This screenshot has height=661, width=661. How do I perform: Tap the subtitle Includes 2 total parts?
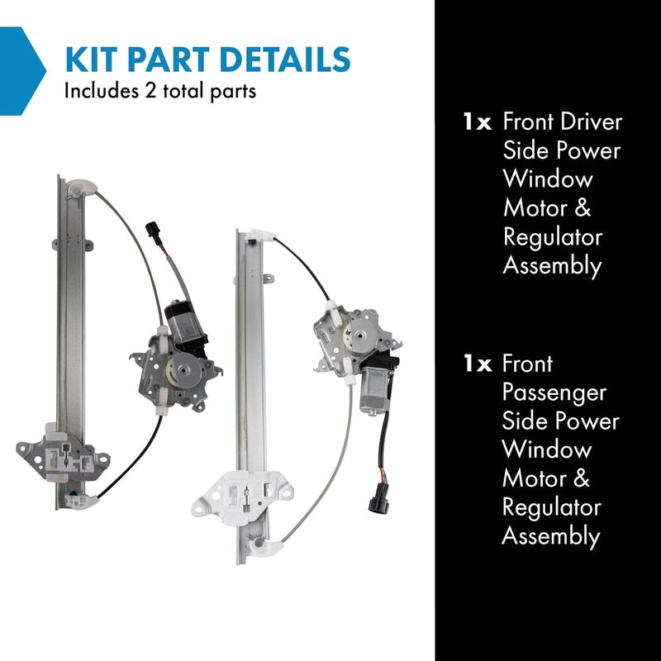coord(160,90)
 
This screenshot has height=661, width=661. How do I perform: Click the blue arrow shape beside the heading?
coord(21,69)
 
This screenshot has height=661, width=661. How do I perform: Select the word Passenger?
coord(554,392)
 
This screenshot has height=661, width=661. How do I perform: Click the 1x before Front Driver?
coord(478,122)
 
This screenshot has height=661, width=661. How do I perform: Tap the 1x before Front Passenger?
coord(478,364)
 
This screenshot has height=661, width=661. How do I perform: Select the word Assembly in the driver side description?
coord(552,265)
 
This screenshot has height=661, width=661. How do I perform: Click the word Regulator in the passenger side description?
coord(551,506)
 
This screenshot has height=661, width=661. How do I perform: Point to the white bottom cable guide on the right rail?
coord(268,545)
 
